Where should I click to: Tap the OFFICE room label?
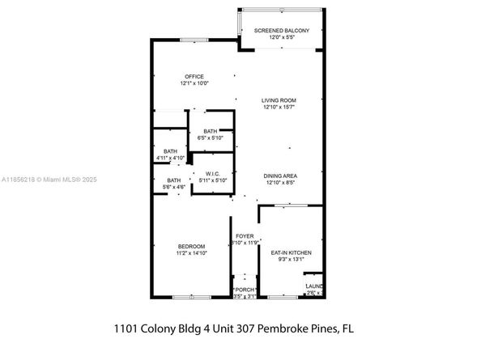[x=194, y=76]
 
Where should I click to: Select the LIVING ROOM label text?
[x=278, y=100]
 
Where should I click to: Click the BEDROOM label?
[x=192, y=246]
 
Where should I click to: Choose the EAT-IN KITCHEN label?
[x=291, y=252]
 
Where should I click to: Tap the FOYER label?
[x=245, y=236]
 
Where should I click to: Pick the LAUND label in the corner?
[x=313, y=286]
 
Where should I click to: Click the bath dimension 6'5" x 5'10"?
[x=211, y=138]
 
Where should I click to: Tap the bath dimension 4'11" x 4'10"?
[x=170, y=157]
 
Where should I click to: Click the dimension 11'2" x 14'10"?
[x=192, y=252]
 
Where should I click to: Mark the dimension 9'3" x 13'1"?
[x=291, y=259]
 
